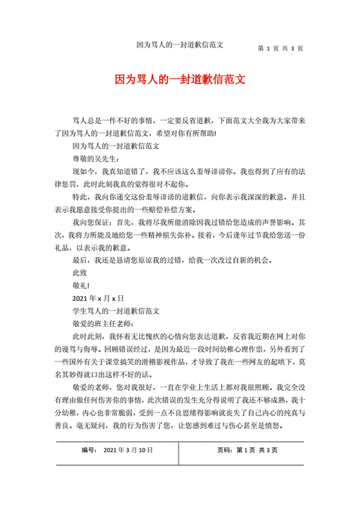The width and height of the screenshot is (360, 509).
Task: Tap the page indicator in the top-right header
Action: (x=280, y=48)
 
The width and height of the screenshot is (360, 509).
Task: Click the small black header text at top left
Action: (x=180, y=45)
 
